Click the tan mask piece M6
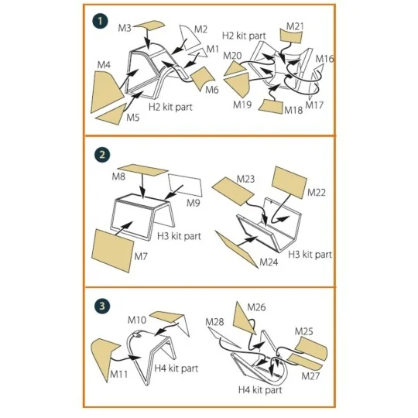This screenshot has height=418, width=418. coord(204,78)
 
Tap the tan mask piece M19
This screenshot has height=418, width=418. coord(236,77)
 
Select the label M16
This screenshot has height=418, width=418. coord(325,59)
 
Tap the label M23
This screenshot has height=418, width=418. coord(245,179)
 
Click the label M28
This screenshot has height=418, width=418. coord(214,321)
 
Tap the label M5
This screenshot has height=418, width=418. coord(133,118)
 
